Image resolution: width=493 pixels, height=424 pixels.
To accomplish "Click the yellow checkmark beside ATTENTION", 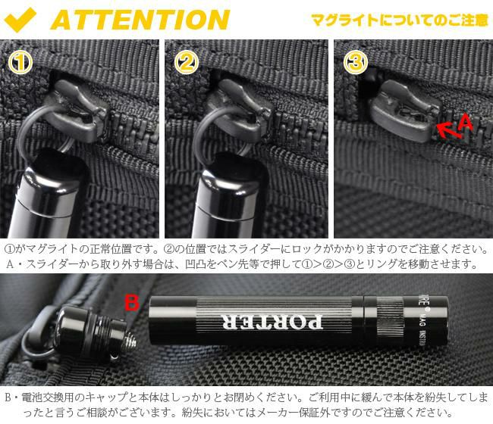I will (x=23, y=18).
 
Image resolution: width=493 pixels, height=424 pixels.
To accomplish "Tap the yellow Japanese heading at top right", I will (x=400, y=19).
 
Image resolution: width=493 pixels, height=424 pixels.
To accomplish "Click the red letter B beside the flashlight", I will (x=132, y=304).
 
